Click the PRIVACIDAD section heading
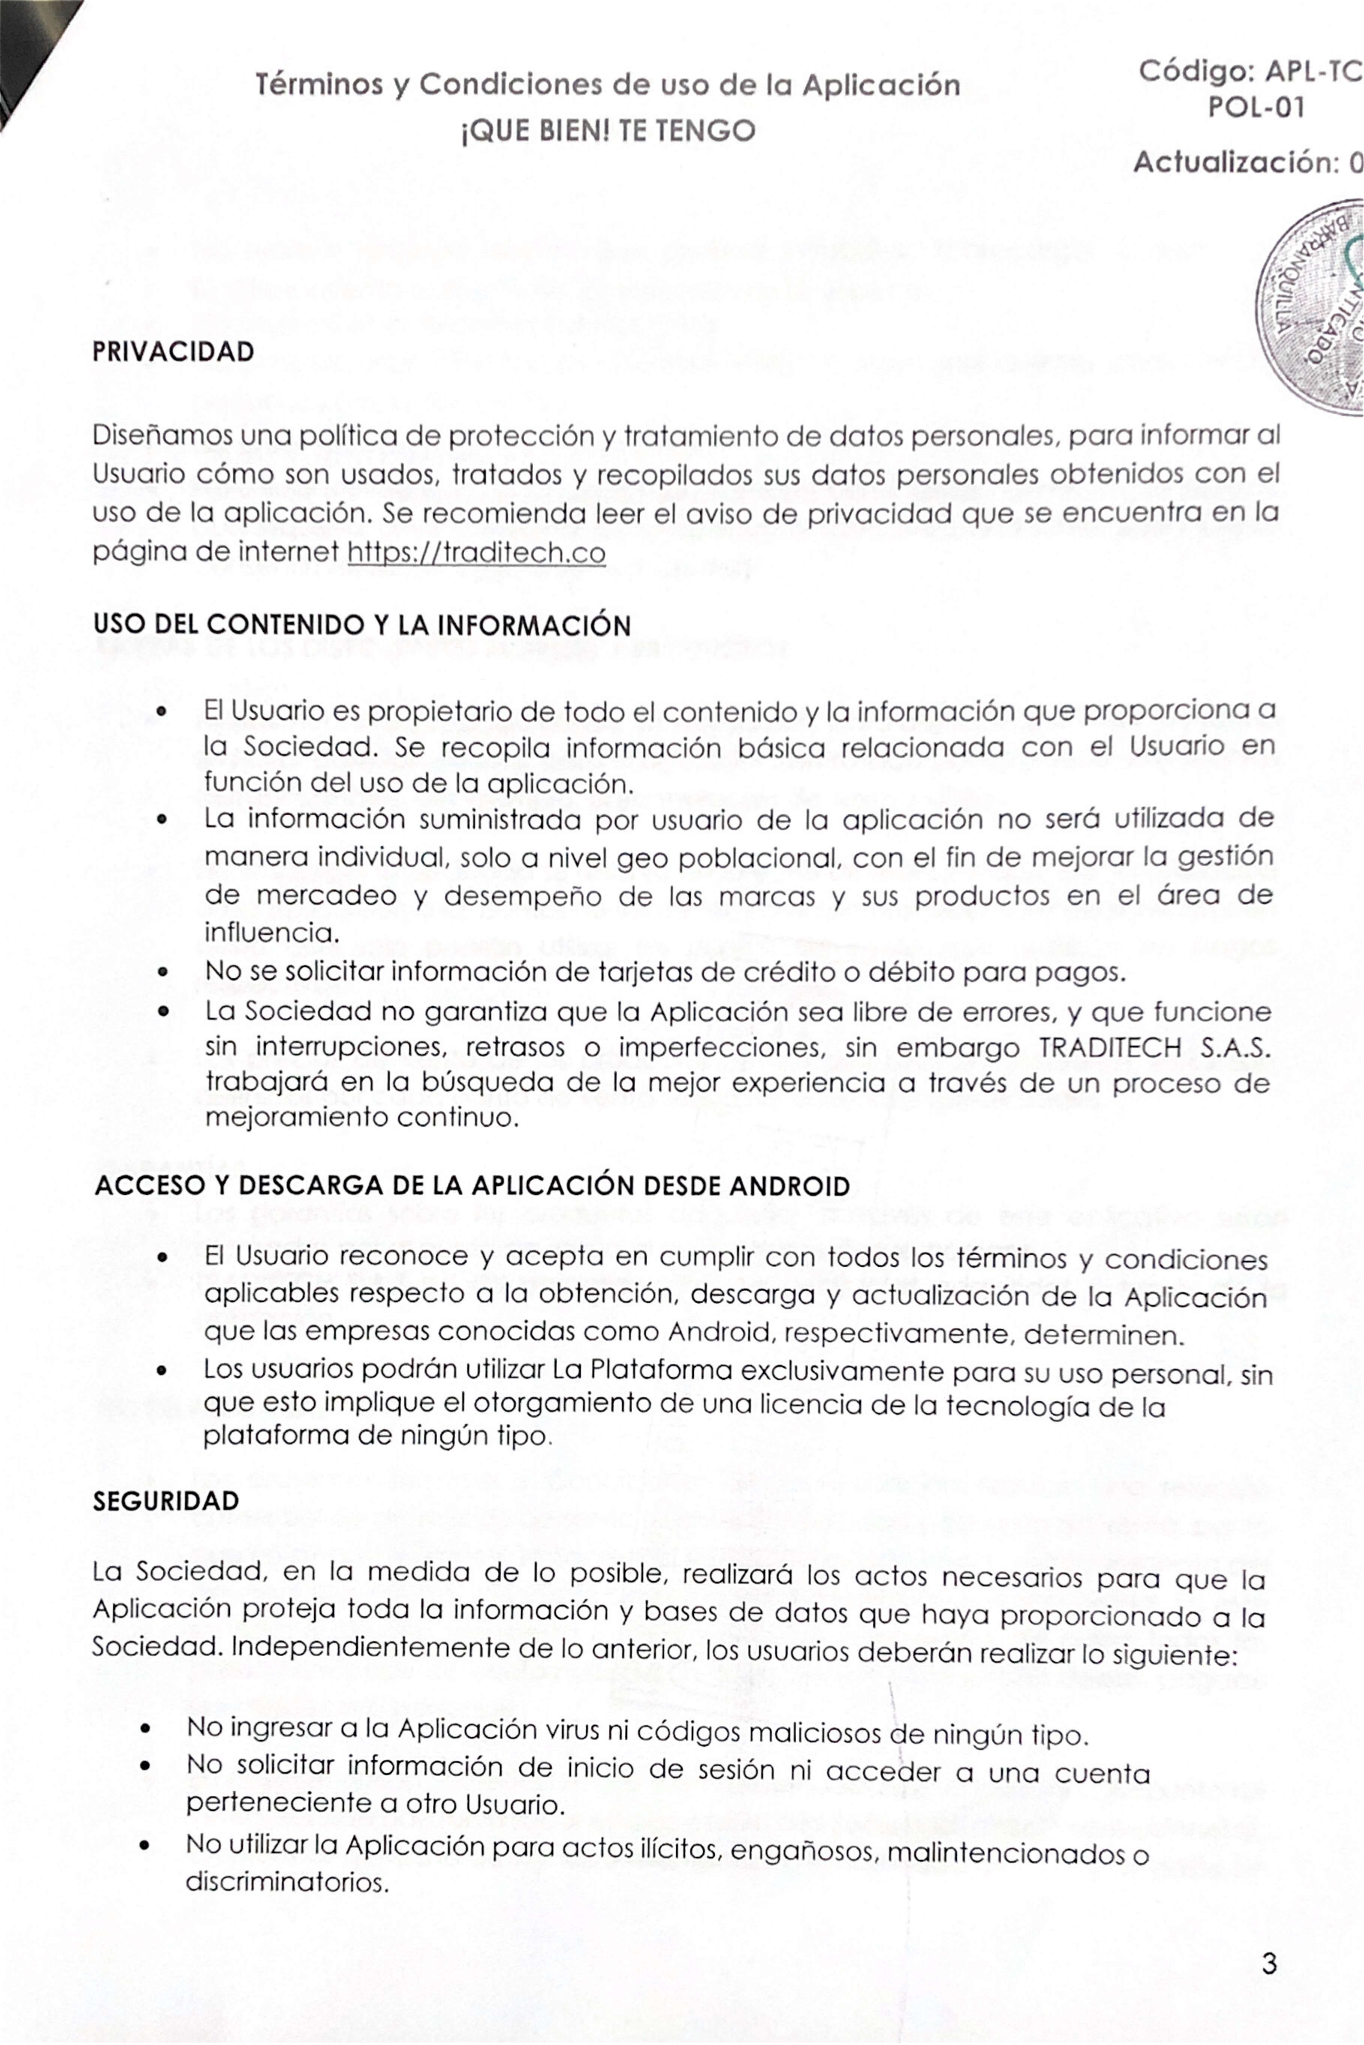click(x=173, y=352)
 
